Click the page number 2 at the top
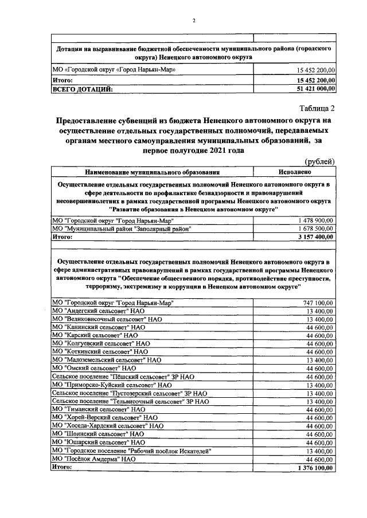[x=194, y=21]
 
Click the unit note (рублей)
[x=320, y=162]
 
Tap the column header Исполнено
[x=295, y=171]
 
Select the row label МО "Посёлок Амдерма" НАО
[x=94, y=459]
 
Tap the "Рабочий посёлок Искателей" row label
[x=132, y=452]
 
